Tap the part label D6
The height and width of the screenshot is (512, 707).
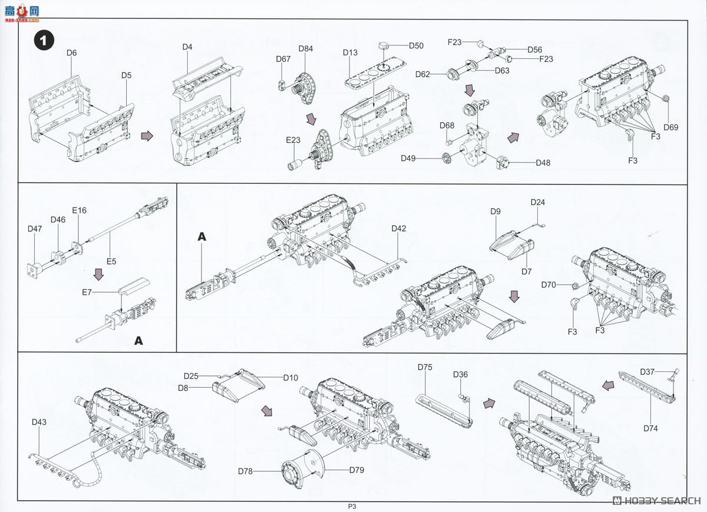click(x=71, y=53)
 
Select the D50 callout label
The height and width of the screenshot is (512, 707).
click(x=416, y=46)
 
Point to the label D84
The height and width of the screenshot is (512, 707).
click(x=305, y=49)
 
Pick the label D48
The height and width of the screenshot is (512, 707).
click(x=543, y=163)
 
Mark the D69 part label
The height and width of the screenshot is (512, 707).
click(x=670, y=127)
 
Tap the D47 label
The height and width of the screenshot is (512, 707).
click(x=35, y=229)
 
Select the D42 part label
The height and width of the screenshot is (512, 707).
click(x=399, y=229)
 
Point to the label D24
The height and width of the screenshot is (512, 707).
click(x=537, y=202)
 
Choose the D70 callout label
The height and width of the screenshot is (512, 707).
click(x=549, y=285)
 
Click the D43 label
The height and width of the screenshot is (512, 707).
click(x=40, y=422)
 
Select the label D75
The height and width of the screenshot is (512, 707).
click(x=425, y=368)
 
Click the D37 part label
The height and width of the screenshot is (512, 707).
click(x=647, y=371)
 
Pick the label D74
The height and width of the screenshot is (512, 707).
click(x=650, y=428)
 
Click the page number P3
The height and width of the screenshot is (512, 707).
click(x=352, y=506)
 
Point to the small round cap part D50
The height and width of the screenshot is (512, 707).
click(x=384, y=45)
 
